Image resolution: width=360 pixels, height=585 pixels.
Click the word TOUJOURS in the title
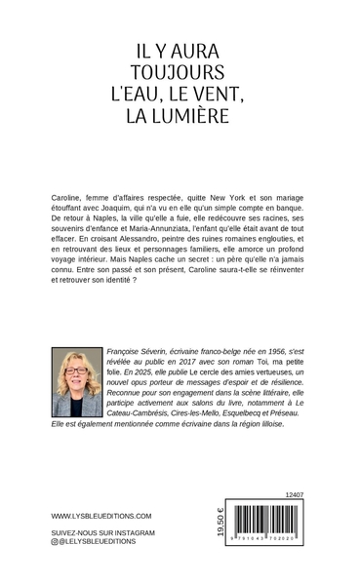(180, 73)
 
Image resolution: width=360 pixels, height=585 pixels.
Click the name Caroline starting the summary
(66, 197)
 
